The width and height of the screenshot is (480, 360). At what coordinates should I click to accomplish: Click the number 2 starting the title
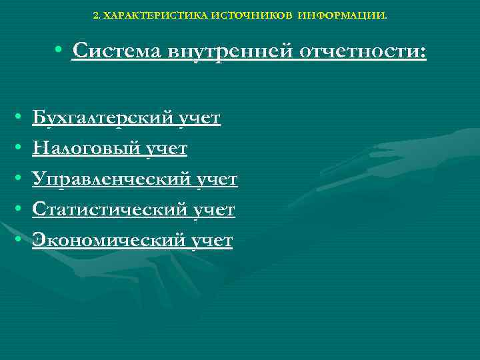(x=95, y=13)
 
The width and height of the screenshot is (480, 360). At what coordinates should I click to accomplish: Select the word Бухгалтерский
(x=103, y=119)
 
